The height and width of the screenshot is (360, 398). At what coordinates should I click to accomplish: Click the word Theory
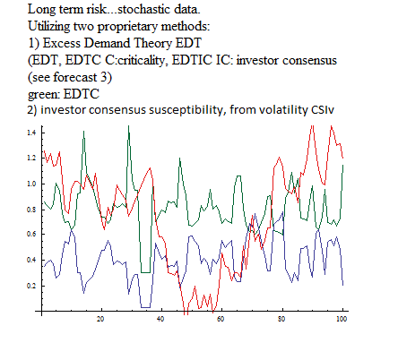click(x=153, y=44)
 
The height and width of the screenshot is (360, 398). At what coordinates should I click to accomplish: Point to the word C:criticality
click(x=135, y=61)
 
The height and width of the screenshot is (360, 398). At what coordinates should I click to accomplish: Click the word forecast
click(x=75, y=77)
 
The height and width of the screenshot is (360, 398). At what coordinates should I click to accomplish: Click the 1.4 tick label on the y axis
click(x=31, y=133)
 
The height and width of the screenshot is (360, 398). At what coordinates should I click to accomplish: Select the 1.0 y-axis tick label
click(x=31, y=184)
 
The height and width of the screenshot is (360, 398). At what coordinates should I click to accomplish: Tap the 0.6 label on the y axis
click(x=31, y=235)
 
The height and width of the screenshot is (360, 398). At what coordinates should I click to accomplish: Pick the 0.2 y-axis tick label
click(x=31, y=286)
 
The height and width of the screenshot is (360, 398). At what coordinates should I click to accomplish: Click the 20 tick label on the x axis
click(x=100, y=319)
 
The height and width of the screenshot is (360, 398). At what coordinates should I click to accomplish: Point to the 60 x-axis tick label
click(x=221, y=319)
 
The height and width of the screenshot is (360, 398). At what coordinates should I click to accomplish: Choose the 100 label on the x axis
click(x=342, y=319)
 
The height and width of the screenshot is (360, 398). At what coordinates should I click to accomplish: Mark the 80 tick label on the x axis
click(x=281, y=319)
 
